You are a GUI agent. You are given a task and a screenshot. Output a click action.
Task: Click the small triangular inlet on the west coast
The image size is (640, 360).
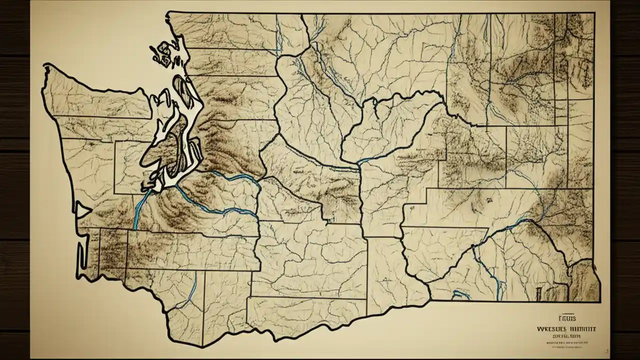81,209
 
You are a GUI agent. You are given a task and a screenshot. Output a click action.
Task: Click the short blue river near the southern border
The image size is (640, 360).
192,290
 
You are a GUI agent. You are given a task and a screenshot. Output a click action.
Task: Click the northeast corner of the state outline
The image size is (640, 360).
594,14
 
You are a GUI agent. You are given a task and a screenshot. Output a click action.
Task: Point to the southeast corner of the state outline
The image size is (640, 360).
599,301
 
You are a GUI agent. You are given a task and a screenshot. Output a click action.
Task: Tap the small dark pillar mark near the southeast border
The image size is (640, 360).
539,292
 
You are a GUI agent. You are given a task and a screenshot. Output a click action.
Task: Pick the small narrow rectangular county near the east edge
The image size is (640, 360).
560,113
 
